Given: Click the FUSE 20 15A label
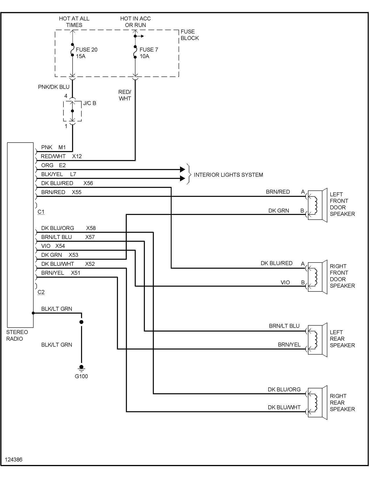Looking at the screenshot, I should click(86, 53).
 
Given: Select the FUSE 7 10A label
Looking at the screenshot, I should click(148, 53).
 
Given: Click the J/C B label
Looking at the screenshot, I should click(89, 103).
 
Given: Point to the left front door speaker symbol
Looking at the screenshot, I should click(317, 205).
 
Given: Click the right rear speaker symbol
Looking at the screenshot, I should click(317, 402).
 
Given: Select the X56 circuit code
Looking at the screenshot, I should click(88, 183).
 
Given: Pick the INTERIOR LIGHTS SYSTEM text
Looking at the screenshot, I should click(228, 175).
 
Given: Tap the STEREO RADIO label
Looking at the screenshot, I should click(17, 335).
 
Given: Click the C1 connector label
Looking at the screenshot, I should click(41, 212).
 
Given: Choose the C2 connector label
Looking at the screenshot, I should click(41, 292).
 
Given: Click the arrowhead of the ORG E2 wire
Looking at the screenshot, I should click(182, 169).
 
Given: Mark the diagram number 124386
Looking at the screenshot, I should click(14, 460).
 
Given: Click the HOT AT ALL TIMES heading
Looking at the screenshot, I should click(74, 22).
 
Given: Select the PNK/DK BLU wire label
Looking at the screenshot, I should click(54, 87).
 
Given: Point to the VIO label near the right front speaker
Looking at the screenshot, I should click(285, 282).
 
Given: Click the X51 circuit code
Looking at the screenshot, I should click(76, 273).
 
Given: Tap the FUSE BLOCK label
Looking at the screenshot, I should click(190, 35).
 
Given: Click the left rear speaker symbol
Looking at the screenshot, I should click(317, 340).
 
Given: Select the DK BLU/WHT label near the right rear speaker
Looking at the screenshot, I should click(284, 407).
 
